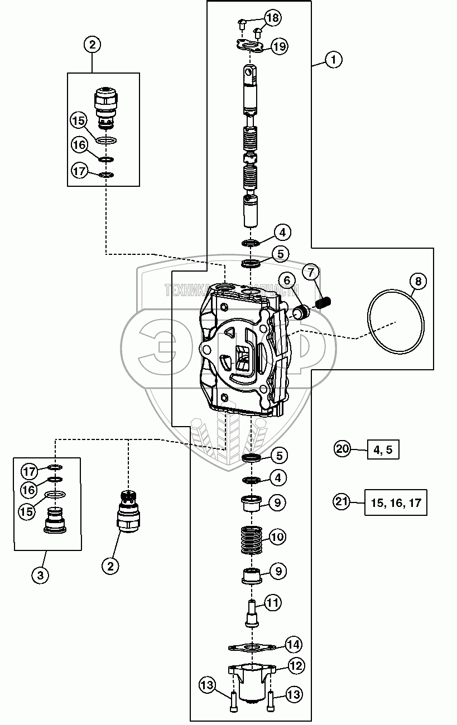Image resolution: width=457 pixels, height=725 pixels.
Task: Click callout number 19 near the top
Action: click(x=279, y=46)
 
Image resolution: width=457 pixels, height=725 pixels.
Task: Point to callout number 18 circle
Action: click(x=273, y=18)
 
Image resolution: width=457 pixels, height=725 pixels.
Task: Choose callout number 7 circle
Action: click(x=311, y=273)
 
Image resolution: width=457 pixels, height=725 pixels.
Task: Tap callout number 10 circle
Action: click(x=277, y=537)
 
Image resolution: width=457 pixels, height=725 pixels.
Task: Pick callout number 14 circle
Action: click(x=294, y=645)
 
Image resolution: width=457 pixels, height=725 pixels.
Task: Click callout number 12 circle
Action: click(x=296, y=665)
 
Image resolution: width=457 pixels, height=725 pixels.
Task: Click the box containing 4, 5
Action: click(x=383, y=448)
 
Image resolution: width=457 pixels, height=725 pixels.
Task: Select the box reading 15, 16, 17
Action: click(x=396, y=502)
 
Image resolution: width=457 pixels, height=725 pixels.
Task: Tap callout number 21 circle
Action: click(x=341, y=502)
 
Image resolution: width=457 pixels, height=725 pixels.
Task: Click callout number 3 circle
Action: click(x=40, y=575)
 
